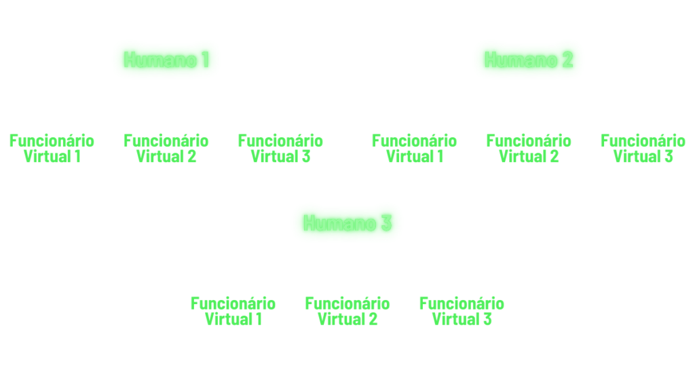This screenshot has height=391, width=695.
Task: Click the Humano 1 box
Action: [166, 60]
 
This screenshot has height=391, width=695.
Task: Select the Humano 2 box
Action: [529, 60]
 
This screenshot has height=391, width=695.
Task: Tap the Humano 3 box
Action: [347, 223]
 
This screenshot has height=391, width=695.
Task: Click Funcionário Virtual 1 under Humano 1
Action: [52, 148]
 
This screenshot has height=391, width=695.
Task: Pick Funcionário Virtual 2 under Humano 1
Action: [166, 148]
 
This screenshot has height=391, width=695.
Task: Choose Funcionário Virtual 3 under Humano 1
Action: [280, 148]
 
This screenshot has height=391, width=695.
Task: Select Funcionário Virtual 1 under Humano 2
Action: [415, 148]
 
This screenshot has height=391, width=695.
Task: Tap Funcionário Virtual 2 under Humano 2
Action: [529, 148]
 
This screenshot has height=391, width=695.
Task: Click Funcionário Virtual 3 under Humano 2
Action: [643, 148]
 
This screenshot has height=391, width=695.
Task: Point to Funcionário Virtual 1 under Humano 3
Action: [233, 311]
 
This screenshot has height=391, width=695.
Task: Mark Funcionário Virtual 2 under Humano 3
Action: [347, 311]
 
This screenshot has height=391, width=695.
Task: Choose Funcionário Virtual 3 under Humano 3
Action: [462, 311]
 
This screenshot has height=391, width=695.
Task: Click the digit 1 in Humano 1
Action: [204, 60]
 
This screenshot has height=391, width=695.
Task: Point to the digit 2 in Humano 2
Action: [568, 60]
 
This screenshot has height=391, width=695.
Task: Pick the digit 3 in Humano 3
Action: [386, 223]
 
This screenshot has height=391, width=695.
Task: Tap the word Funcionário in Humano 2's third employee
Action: [643, 141]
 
